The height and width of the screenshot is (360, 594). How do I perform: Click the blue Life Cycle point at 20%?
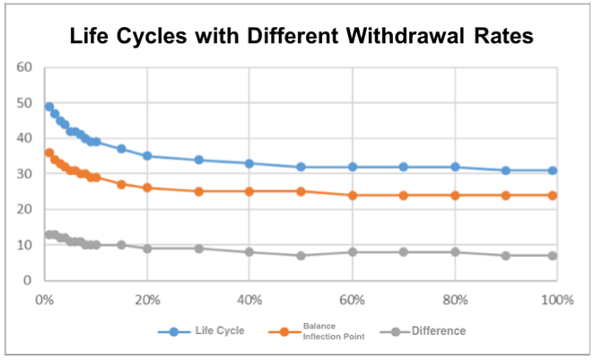[147, 156]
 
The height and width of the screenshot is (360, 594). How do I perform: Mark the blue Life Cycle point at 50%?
[301, 167]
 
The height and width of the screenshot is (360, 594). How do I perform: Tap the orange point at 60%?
[353, 195]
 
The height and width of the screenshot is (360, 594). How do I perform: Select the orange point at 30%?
[199, 191]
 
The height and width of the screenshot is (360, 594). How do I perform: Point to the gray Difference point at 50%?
[301, 256]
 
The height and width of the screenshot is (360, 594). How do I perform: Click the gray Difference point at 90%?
[506, 256]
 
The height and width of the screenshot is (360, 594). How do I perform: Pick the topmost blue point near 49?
[49, 107]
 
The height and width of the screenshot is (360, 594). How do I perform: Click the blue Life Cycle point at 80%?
[455, 167]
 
